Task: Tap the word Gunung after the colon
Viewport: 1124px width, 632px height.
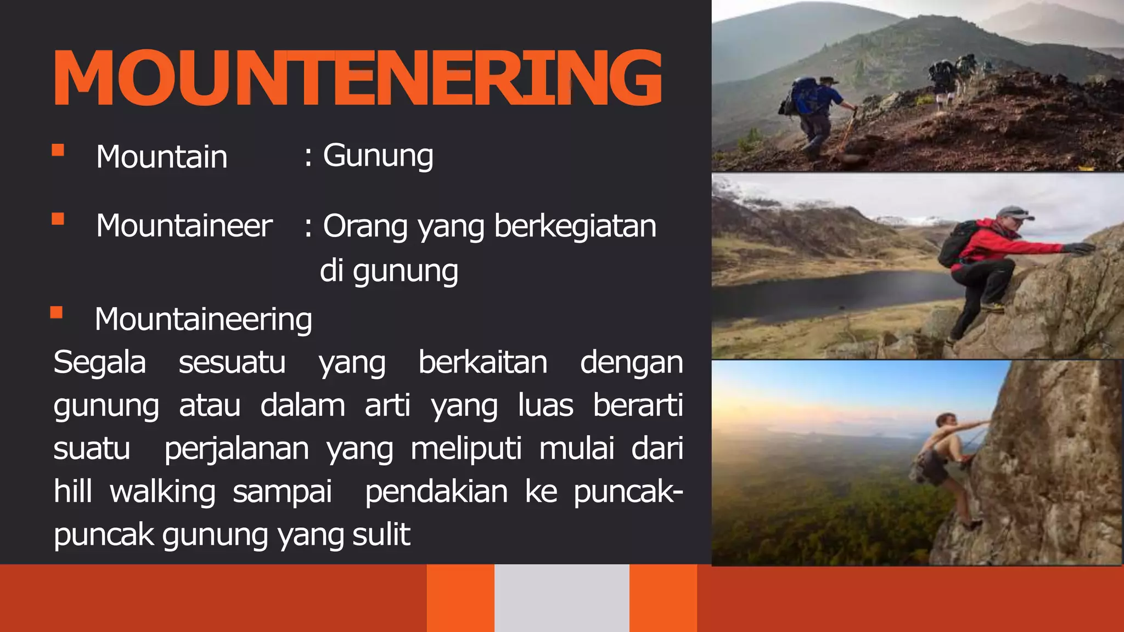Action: (378, 156)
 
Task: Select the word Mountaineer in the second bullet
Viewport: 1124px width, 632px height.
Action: (184, 225)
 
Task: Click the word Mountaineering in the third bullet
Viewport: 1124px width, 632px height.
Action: (203, 319)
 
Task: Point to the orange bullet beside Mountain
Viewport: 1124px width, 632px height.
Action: (58, 150)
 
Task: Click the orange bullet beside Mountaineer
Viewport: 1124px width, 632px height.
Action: (58, 219)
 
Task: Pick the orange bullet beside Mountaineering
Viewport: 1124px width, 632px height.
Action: (57, 313)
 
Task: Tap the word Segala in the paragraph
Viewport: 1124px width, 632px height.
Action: (100, 362)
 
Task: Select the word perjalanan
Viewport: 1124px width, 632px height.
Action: (237, 448)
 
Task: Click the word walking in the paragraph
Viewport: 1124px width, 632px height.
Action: (162, 491)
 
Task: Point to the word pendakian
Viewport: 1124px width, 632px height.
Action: (436, 491)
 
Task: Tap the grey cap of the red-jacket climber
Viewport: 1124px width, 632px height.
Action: (1011, 212)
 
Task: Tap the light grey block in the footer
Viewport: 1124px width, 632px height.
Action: (561, 598)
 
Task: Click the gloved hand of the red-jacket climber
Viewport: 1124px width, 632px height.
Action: (1079, 249)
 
